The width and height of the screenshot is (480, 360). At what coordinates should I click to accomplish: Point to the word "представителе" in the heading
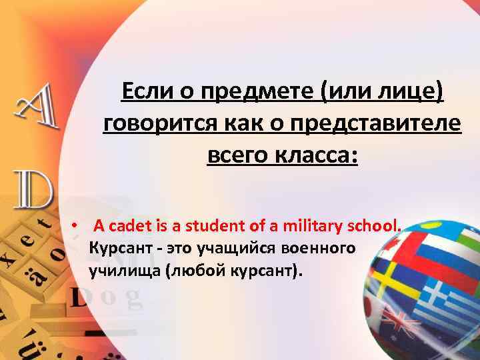pyautogui.click(x=387, y=123)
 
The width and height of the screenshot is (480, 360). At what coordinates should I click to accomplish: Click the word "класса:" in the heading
pyautogui.click(x=317, y=157)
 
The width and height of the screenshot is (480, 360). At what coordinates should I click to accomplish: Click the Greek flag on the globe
pyautogui.click(x=443, y=294)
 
